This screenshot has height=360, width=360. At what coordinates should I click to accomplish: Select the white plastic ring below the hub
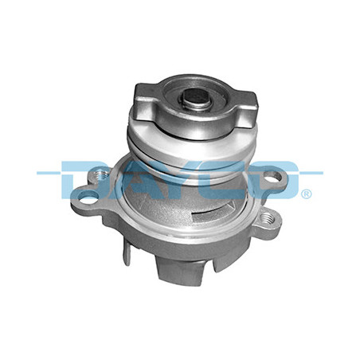(193, 149)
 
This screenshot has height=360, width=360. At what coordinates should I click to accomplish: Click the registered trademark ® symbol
(307, 194)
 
